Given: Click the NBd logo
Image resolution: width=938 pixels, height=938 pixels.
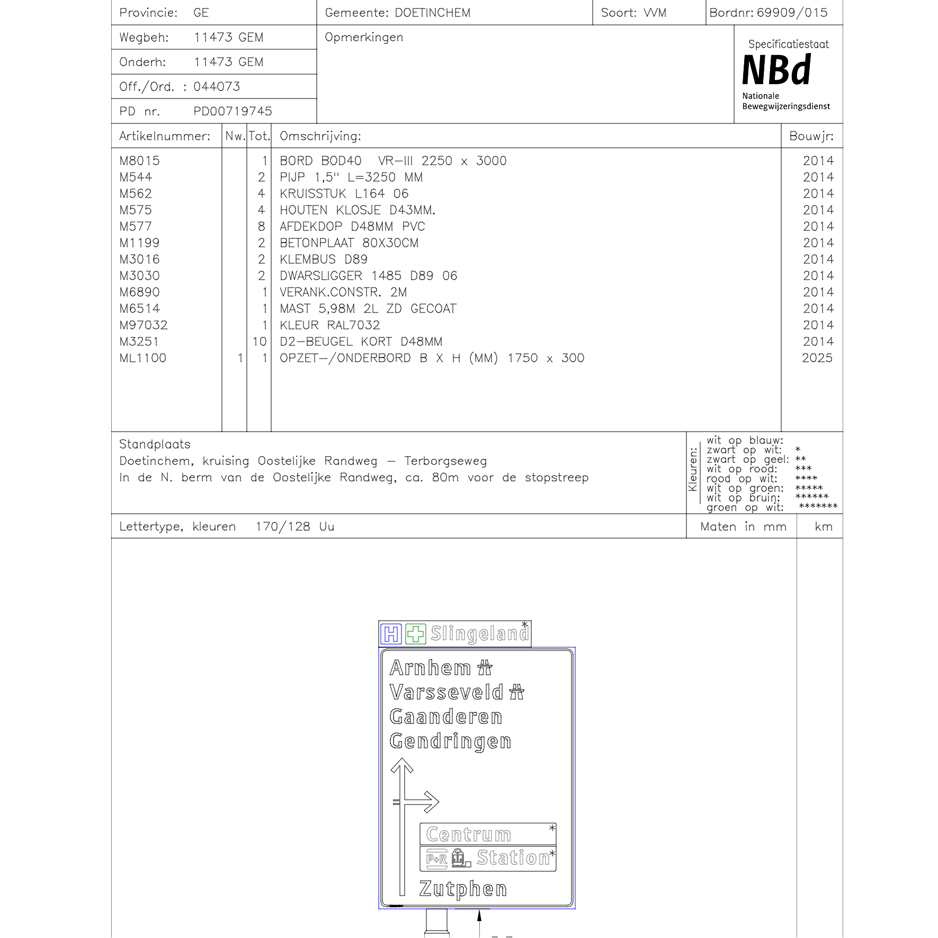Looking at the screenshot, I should (776, 70).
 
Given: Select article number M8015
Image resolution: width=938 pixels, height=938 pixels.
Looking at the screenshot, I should (139, 161).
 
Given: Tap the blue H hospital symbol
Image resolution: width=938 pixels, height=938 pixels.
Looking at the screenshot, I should (391, 634).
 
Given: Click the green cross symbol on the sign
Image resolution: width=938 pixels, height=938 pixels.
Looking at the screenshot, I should (416, 634).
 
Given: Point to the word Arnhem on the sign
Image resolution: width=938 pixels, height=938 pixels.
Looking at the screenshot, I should (430, 668).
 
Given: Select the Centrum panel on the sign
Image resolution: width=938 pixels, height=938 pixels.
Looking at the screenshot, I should (488, 834).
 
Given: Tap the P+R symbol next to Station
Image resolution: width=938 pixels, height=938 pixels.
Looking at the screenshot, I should (437, 859).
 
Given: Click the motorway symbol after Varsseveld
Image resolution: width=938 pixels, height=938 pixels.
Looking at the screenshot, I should (516, 692).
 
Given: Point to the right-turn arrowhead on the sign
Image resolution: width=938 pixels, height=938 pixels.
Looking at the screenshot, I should (431, 802).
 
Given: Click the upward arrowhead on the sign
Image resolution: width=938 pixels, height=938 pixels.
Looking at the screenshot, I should (402, 766).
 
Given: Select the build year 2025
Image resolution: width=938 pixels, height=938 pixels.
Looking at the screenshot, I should (817, 359).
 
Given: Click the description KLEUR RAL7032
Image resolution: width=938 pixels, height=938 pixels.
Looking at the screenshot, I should (329, 325).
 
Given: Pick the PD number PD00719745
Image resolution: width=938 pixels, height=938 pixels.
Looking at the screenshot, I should (233, 111).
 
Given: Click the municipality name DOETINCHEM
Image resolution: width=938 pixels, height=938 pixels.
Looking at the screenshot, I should (432, 13).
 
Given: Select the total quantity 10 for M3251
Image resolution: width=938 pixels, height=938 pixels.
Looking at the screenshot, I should (260, 342).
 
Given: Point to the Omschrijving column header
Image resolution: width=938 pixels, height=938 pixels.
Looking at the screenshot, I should (320, 136).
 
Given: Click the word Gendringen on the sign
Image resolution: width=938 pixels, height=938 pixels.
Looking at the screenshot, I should (450, 742).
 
